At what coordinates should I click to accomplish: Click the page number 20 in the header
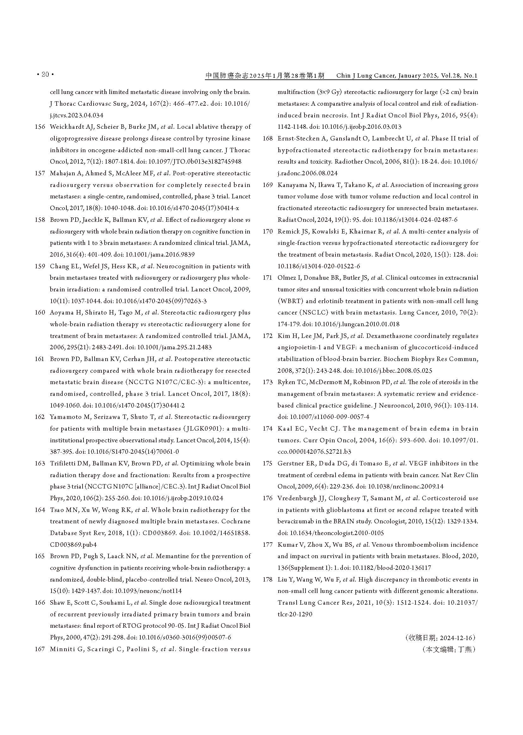(x=45, y=74)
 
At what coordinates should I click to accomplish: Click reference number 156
(x=40, y=127)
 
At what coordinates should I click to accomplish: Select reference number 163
(x=40, y=463)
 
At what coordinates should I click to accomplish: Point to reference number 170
(x=268, y=231)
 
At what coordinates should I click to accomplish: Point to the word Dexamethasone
(x=386, y=336)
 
